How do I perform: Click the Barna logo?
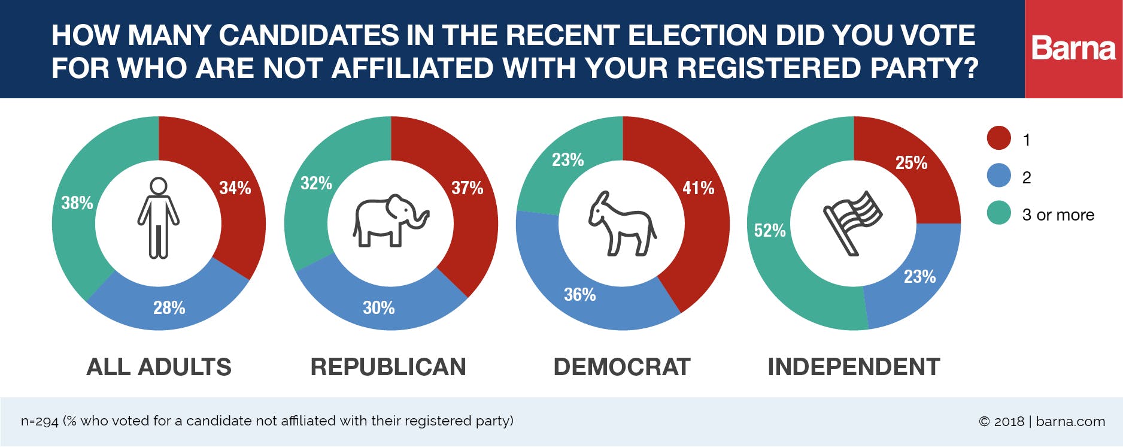point(1073,49)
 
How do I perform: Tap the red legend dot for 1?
point(998,138)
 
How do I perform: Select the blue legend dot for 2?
point(998,176)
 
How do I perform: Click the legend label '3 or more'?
point(1058,215)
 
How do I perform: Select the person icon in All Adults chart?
point(159,218)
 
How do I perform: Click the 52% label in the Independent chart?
point(769,231)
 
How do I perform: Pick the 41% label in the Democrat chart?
point(698,188)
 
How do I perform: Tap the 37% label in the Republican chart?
point(467,188)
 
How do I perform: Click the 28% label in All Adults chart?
point(169,308)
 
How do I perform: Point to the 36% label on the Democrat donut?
point(579,295)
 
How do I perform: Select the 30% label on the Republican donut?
point(378,308)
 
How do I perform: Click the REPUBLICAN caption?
point(388,367)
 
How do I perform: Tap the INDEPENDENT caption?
point(854,367)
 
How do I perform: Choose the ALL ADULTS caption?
point(159,367)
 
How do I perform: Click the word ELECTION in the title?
point(697,35)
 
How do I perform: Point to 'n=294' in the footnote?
point(40,421)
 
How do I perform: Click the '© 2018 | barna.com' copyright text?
point(1042,421)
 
